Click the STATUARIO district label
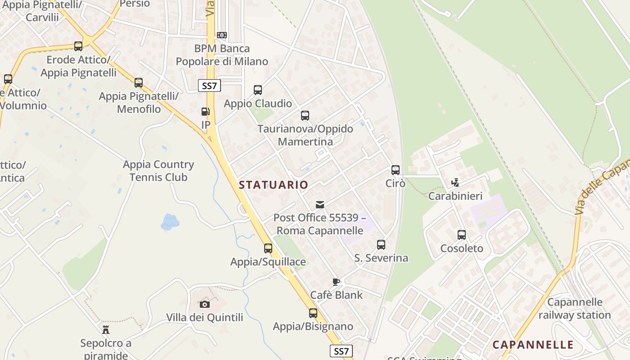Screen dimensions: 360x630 pos(274,184)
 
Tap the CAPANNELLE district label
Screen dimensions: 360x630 pos(533,345)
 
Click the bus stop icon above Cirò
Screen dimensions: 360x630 pos(396,170)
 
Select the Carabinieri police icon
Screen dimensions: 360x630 pos(455,183)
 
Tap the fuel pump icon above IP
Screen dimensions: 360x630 pos(206,112)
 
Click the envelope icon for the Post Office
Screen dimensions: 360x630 pos(320,205)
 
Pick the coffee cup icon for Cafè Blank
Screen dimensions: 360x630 pos(336,282)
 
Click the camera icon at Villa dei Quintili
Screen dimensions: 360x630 pos(205,305)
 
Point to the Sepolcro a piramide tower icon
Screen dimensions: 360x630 pos(106,330)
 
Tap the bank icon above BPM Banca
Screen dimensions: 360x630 pos(221,35)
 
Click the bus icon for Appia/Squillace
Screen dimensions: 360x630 pos(268,248)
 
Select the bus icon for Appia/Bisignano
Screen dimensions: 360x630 pos(313,313)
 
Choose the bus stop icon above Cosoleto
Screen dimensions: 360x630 pos(462,235)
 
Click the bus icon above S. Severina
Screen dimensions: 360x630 pos(381,245)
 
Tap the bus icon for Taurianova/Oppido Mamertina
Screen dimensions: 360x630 pos(305,116)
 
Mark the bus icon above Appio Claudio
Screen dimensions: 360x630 pos(258,90)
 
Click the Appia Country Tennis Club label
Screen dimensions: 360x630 pos(158,171)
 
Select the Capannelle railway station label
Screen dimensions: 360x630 pos(575,308)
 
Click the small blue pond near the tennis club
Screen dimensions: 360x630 pos(170,221)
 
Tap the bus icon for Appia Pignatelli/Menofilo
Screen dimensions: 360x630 pos(139,83)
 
